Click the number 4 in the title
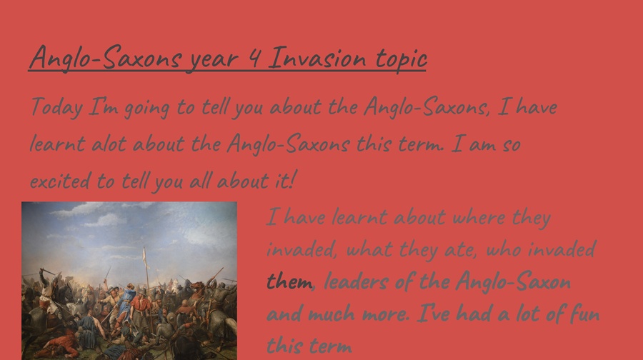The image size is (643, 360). [254, 57]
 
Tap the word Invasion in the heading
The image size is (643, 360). [317, 57]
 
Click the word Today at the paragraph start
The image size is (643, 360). [56, 107]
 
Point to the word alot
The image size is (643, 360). [109, 144]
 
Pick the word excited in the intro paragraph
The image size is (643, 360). [60, 181]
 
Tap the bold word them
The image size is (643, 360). [289, 282]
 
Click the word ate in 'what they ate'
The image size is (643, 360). [460, 249]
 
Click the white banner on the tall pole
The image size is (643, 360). [144, 256]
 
